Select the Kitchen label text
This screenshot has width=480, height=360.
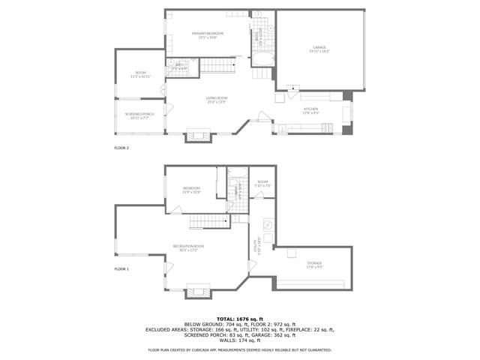[311, 109]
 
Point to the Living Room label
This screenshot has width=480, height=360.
[216, 100]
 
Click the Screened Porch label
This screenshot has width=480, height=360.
[139, 115]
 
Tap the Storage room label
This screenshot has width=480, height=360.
[314, 264]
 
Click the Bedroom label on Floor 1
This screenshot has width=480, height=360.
[192, 189]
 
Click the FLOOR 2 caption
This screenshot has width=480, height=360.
[121, 148]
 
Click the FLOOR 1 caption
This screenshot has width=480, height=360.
[121, 268]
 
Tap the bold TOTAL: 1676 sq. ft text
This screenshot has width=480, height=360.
[239, 319]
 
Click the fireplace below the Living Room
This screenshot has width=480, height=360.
[199, 136]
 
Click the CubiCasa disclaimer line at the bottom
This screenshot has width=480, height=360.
[239, 349]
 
